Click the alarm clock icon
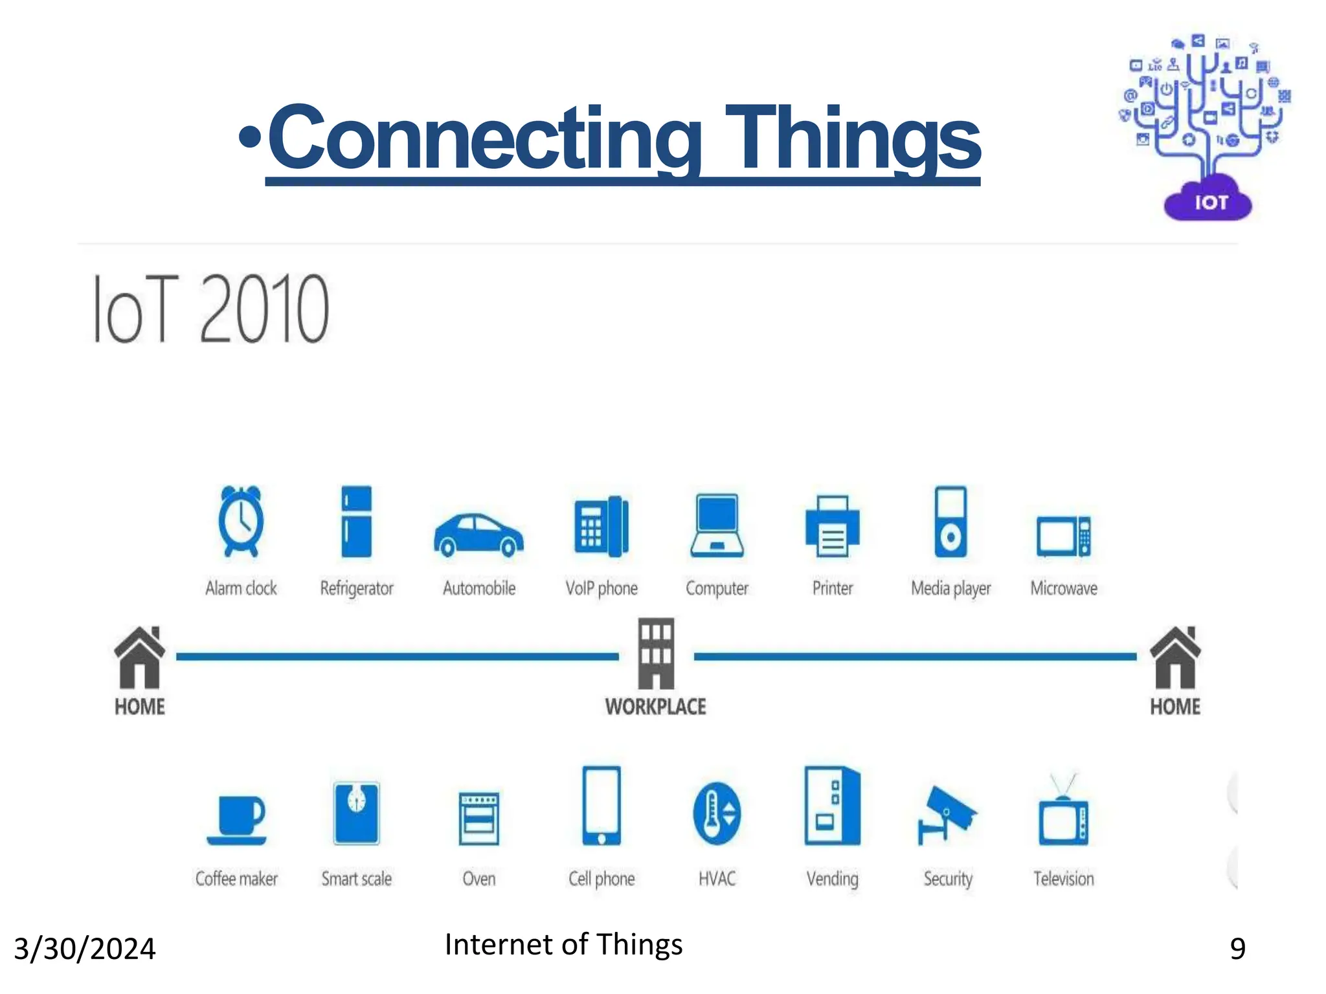241,521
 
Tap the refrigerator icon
356,522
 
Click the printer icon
833,526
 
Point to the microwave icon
1063,536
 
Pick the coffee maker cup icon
237,820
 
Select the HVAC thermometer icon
717,813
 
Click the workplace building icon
656,654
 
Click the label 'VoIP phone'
601,588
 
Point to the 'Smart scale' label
357,879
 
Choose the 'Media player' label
950,588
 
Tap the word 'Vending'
833,879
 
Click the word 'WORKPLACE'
656,707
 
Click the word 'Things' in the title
853,139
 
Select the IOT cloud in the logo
1208,202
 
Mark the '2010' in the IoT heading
264,309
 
